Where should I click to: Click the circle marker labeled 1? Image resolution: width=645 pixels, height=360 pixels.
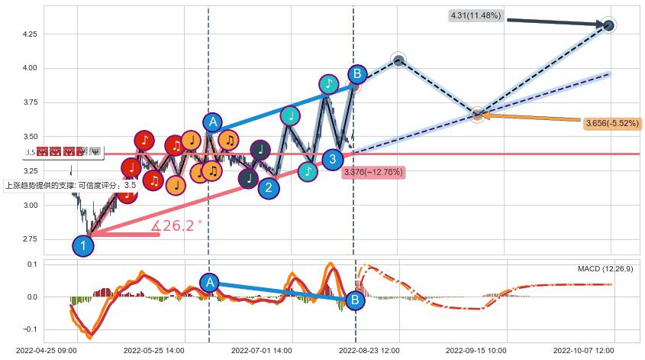coord(83,245)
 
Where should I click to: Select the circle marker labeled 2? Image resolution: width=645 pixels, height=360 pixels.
coord(268,188)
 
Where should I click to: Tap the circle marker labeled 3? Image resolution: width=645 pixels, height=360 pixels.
coord(332,159)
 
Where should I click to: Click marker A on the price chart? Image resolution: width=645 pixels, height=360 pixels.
coord(212,122)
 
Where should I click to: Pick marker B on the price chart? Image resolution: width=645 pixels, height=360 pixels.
coord(356,74)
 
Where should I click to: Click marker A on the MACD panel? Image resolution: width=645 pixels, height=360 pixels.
coord(210,283)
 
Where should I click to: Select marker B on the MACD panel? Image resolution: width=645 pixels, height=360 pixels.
coord(354,300)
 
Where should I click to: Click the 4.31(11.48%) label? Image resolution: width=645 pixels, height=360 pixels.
coord(476,16)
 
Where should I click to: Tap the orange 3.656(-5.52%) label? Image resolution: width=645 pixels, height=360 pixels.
coord(612,123)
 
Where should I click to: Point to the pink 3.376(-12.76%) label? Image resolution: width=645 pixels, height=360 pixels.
coord(373,172)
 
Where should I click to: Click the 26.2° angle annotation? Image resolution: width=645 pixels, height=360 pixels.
coord(177,226)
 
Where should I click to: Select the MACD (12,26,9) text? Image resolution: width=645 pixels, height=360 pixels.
coord(605,269)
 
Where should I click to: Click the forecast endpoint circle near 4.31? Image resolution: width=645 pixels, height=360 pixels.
coord(608,25)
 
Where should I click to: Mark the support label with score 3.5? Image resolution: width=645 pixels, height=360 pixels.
coord(70,185)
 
